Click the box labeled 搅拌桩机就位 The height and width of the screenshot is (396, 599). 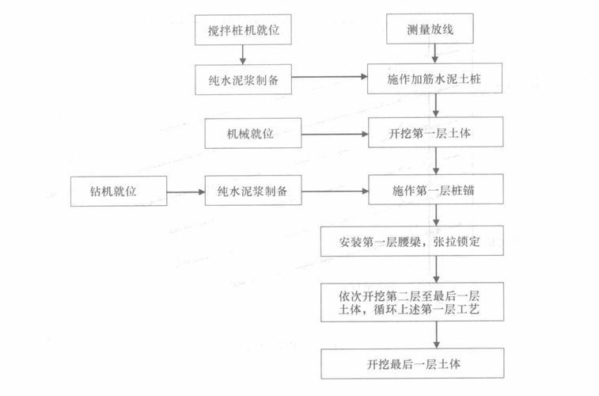point(243,30)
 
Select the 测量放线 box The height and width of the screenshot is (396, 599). point(430,29)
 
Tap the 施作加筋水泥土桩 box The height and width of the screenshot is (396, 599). point(434,78)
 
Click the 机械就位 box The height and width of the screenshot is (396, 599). point(253,133)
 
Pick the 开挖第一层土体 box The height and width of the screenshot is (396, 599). point(435,132)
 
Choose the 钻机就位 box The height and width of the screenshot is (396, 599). point(119,191)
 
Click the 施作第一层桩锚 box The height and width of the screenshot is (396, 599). point(436,189)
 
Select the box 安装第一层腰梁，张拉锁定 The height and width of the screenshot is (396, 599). point(411,241)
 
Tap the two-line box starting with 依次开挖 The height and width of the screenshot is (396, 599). point(412,302)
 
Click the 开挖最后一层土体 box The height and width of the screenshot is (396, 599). point(412,364)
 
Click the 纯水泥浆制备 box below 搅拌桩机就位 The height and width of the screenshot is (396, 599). point(244,79)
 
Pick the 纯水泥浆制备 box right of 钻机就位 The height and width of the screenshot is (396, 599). point(253,190)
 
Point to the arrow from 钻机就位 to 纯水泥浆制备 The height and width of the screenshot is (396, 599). point(186,192)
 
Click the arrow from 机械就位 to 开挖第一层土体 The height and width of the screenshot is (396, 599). point(335,134)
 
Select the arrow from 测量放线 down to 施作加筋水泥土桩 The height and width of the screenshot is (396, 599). point(434,54)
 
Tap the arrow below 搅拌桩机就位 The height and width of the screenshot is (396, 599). point(243,55)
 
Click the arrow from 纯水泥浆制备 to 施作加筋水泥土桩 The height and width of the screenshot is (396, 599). point(330,77)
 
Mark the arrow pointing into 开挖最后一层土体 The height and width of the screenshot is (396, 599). point(437,335)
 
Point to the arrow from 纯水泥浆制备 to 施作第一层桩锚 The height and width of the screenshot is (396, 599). point(335,191)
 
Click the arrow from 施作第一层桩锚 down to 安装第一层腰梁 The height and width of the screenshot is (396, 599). point(436,215)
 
